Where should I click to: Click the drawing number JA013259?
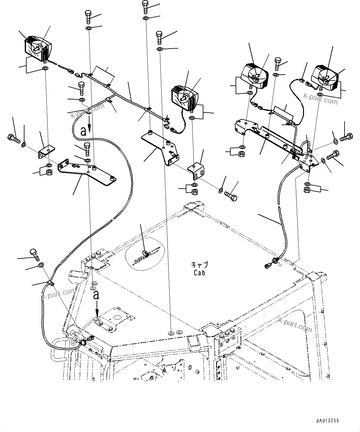(x=327, y=421)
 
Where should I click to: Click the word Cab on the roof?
(x=199, y=273)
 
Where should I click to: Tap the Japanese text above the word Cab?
(x=199, y=265)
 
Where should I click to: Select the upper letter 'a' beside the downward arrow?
(x=83, y=131)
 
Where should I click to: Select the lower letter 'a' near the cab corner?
(x=97, y=295)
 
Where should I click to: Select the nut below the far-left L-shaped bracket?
(x=49, y=172)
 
